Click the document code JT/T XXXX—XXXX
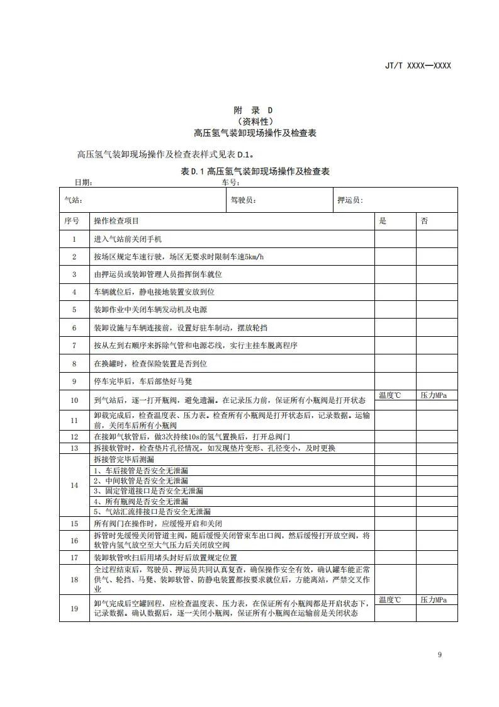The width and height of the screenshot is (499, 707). (418, 65)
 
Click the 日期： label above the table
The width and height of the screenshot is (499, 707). (84, 183)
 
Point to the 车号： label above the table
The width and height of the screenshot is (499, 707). (231, 183)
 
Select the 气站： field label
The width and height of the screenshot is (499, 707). (74, 200)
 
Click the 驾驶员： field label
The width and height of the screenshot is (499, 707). (243, 200)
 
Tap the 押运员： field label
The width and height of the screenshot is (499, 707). (350, 200)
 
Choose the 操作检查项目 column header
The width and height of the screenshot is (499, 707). (116, 221)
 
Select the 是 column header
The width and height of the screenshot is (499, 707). (382, 221)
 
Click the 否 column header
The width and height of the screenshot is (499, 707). (424, 221)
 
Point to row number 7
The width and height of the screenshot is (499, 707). (74, 346)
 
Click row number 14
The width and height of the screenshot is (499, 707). (74, 485)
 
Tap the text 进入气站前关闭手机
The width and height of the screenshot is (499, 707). (128, 239)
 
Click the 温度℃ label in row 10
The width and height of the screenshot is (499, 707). (390, 395)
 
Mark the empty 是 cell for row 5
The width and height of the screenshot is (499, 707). (395, 310)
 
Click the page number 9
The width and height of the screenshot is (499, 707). (440, 655)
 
